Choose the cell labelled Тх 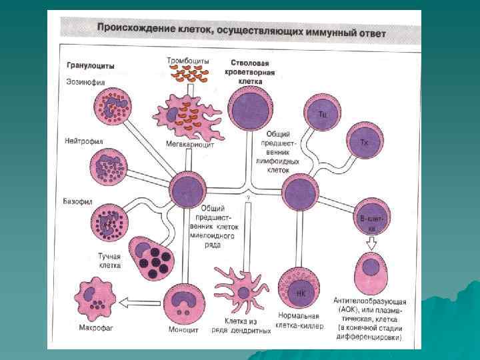pyautogui.click(x=363, y=141)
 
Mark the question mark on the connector pyautogui.click(x=247, y=197)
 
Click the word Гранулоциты pyautogui.click(x=90, y=66)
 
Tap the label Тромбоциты pyautogui.click(x=187, y=61)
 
